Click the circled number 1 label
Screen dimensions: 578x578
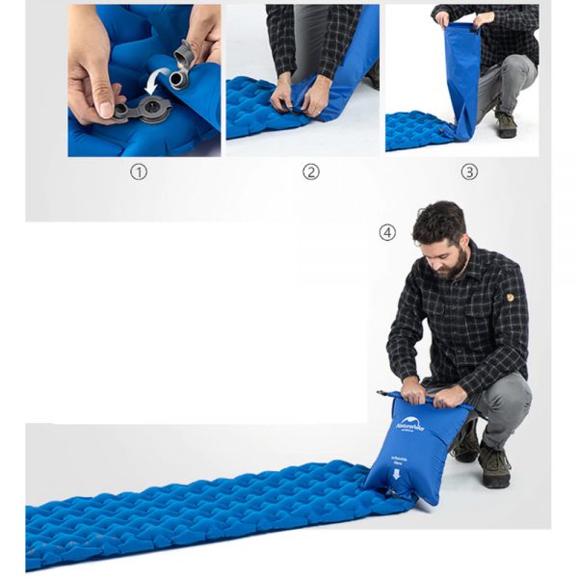[x=141, y=173]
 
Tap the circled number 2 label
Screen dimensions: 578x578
[x=310, y=172]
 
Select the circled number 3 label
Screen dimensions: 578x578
[x=469, y=172]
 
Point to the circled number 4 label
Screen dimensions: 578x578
[x=387, y=232]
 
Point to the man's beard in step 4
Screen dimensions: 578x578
[x=453, y=265]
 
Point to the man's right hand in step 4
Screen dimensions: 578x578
[x=413, y=391]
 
